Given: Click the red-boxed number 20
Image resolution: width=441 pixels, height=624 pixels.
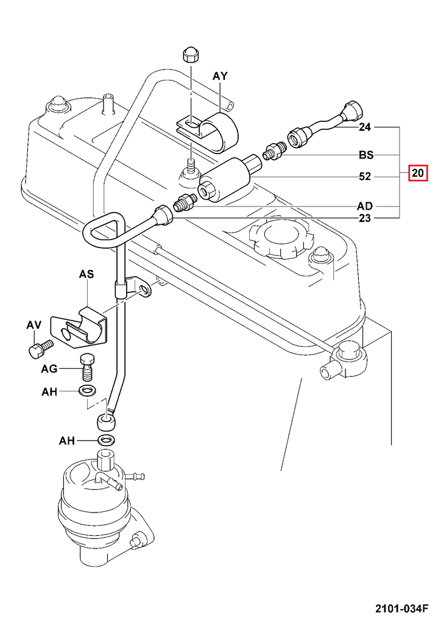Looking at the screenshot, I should click(417, 174).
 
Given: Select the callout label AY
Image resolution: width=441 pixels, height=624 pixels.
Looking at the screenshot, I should click(220, 76).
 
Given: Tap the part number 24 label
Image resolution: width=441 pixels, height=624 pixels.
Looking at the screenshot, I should click(365, 128).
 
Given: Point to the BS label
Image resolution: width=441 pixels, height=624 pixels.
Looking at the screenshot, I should click(365, 155).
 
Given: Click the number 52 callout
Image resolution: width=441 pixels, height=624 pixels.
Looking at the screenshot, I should click(365, 177).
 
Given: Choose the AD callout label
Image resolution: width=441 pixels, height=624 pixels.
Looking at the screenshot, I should click(365, 206).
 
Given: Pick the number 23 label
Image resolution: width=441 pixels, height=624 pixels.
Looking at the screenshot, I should click(365, 218).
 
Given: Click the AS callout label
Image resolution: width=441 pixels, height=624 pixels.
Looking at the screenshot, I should click(86, 275).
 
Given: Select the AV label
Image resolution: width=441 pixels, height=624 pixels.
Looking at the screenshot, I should click(33, 326).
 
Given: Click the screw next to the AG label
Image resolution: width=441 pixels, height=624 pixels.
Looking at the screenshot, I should click(88, 367).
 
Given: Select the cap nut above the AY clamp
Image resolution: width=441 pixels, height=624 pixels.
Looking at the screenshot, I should click(189, 55).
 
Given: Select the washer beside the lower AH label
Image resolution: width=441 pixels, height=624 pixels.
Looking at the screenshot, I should click(107, 440).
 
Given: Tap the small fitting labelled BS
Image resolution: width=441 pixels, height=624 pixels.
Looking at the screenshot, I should click(273, 151).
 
